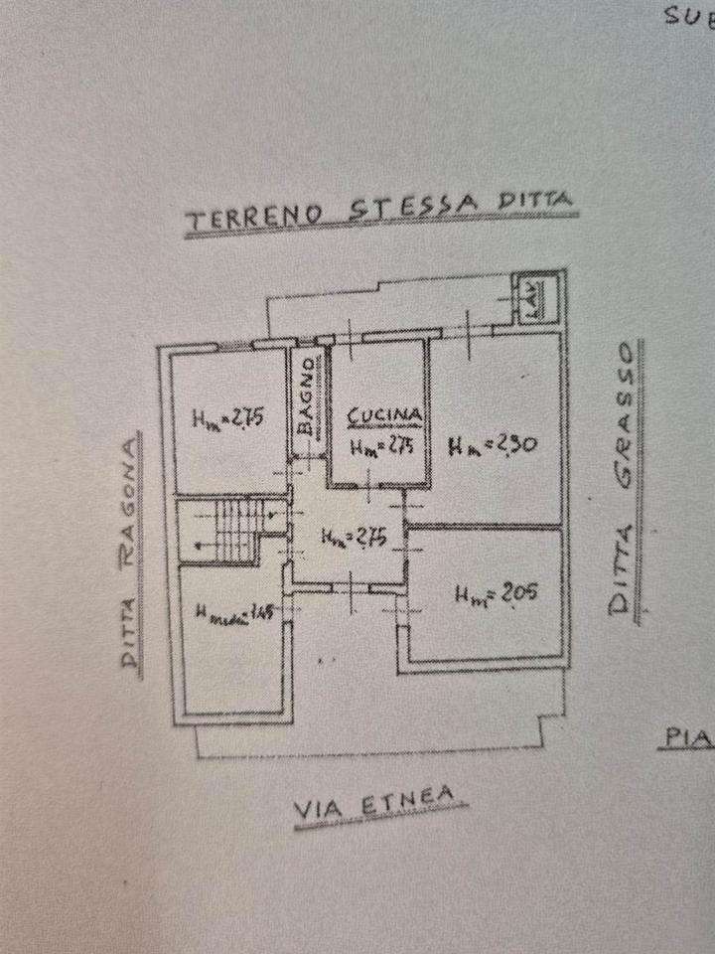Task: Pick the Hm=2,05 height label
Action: [497, 594]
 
